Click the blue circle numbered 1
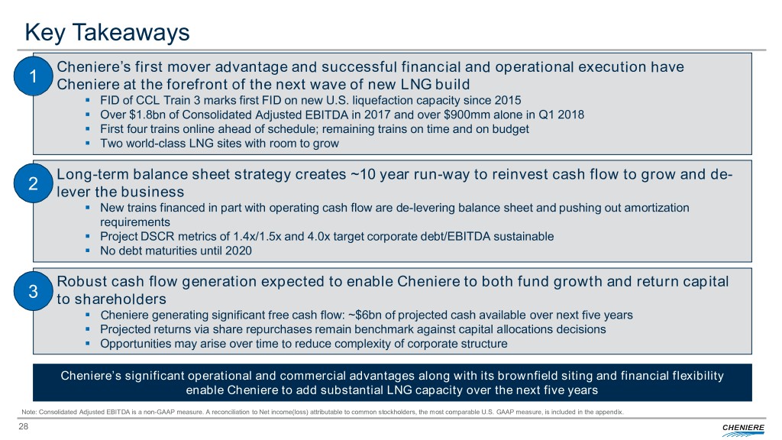[33, 76]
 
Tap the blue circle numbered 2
[33, 183]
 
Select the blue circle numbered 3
[33, 291]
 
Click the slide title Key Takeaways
[107, 32]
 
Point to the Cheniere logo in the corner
[742, 429]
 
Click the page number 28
[24, 426]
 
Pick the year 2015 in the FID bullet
[508, 100]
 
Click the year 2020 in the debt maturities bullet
[238, 251]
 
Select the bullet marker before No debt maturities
[88, 251]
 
